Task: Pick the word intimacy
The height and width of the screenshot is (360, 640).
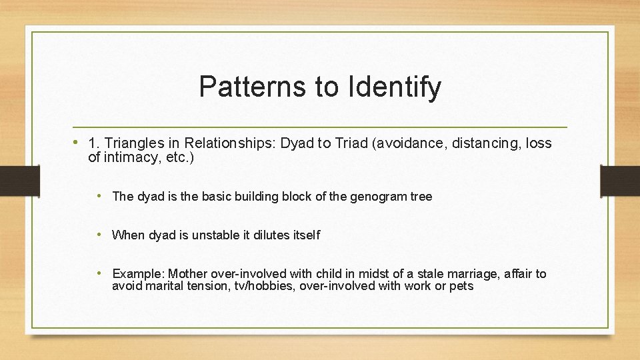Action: point(130,158)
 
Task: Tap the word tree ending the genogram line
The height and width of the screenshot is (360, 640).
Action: point(420,197)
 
